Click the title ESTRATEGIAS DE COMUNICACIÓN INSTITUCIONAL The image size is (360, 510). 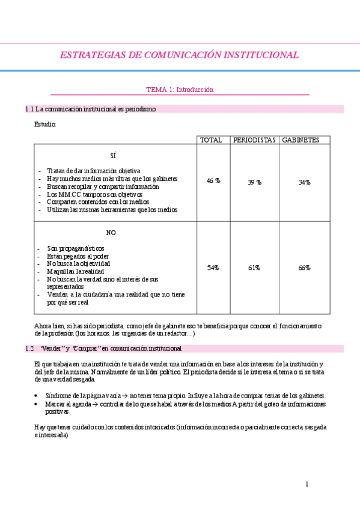coord(179,55)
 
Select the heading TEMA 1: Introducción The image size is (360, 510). coord(180,90)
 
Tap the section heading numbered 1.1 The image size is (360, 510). coord(90,109)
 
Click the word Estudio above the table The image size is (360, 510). coord(45,124)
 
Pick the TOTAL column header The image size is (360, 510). coord(211,140)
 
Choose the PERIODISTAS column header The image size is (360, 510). coord(255,140)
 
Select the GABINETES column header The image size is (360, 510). coord(301,140)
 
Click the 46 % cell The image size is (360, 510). coord(213,181)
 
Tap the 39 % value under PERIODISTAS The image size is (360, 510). coord(255,182)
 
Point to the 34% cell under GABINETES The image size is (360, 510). coord(304,182)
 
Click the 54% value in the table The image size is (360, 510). coord(213,268)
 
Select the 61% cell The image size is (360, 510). coord(254,268)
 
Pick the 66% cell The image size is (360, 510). coord(304,268)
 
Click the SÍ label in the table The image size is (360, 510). coord(113,155)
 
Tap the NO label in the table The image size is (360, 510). coord(111,233)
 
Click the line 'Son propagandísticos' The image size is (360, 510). coord(76,248)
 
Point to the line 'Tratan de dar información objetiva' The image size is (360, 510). coord(94,171)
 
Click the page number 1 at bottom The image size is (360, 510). coord(307,484)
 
